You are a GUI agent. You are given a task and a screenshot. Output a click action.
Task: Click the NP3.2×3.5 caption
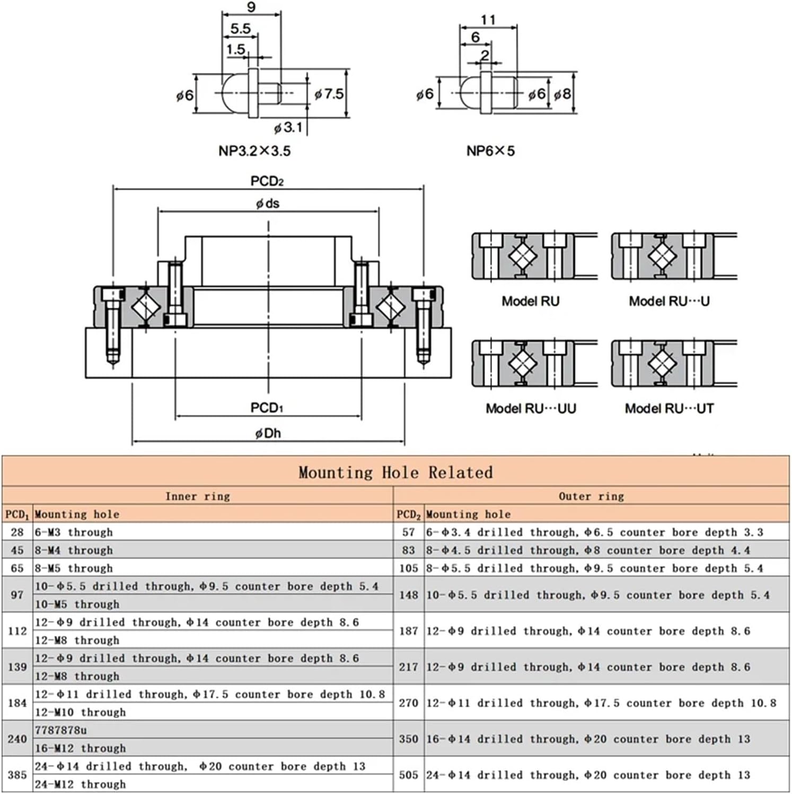[x=254, y=151]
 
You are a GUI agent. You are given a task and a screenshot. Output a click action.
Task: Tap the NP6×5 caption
[x=490, y=151]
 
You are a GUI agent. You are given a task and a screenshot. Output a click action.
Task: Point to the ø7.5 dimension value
[x=329, y=94]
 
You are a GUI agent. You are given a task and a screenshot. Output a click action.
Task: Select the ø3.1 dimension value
[x=288, y=128]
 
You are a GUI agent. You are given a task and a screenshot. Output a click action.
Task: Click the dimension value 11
[x=488, y=20]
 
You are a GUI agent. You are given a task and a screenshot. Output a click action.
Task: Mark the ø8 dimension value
[x=562, y=94]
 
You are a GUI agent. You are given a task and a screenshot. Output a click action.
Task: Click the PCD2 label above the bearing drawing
[x=267, y=181]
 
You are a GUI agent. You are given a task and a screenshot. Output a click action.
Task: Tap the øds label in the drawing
[x=268, y=204]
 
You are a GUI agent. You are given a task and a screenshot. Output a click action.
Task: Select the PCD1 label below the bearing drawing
[x=267, y=408]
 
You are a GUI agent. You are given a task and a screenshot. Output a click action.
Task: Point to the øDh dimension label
[x=268, y=433]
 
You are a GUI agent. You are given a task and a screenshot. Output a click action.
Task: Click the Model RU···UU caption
[x=531, y=408]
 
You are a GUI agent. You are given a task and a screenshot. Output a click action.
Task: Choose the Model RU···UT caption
[x=669, y=408]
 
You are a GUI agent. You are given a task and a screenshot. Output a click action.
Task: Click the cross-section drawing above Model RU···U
[x=673, y=256]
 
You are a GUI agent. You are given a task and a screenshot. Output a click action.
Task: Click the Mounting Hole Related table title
[x=395, y=472]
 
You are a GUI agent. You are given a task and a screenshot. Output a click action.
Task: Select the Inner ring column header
[x=198, y=496]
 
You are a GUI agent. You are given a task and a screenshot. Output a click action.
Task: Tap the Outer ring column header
[x=591, y=496]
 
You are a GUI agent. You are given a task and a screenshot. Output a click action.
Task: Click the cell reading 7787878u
[x=61, y=730]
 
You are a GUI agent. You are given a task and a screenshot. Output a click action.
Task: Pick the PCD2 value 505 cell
[x=409, y=775]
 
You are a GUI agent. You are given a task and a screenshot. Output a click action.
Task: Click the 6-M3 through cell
[x=74, y=532]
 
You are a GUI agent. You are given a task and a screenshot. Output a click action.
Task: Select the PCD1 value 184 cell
[x=17, y=703]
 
